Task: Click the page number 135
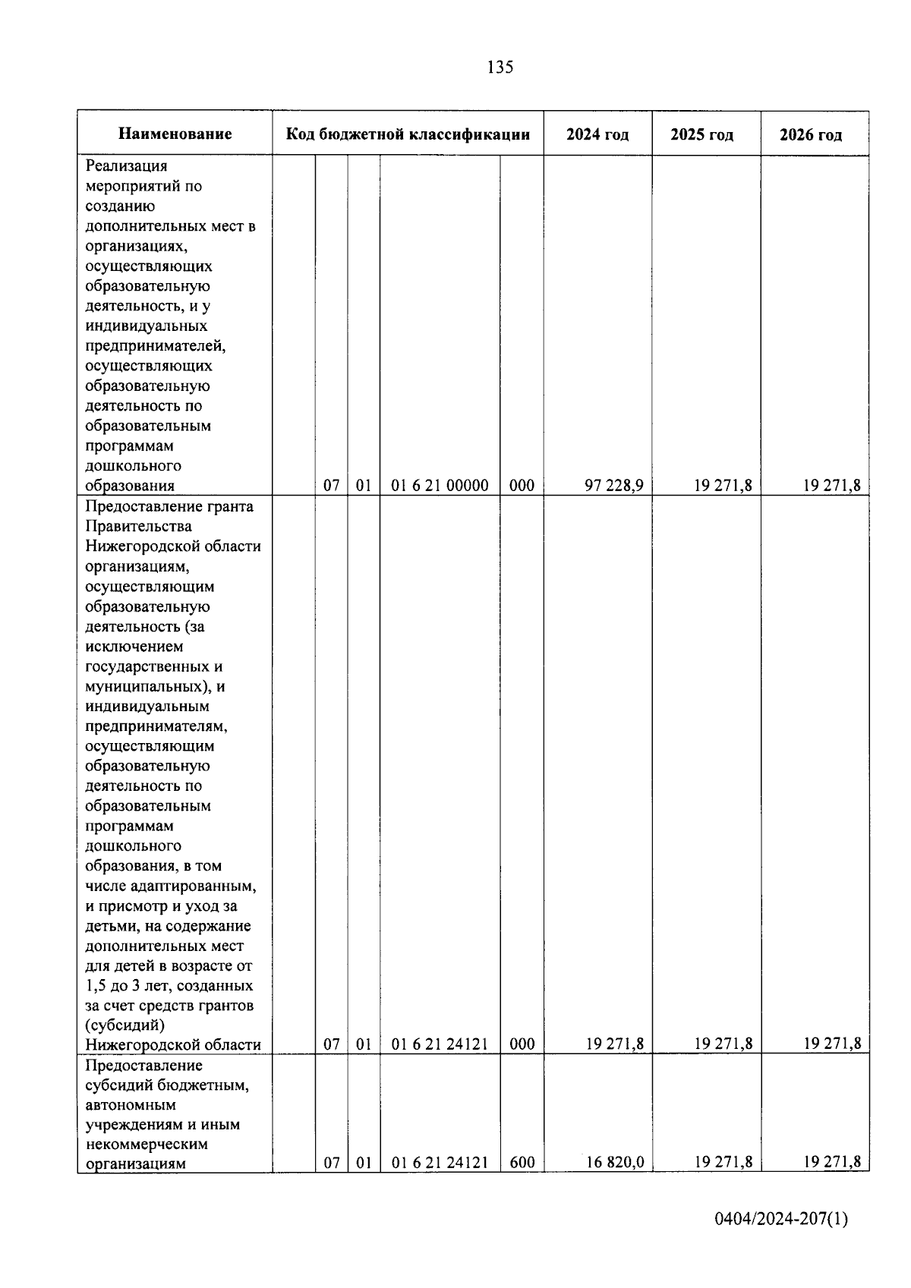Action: point(500,68)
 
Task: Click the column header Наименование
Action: point(175,134)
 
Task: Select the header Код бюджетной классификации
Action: point(408,134)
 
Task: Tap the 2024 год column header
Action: point(597,134)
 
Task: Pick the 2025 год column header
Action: point(702,135)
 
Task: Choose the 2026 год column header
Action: point(811,135)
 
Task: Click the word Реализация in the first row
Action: point(126,165)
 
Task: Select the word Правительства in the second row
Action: point(138,526)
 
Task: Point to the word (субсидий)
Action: point(125,1025)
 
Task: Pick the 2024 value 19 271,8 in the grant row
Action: point(615,1044)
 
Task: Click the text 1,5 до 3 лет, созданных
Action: point(169,985)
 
